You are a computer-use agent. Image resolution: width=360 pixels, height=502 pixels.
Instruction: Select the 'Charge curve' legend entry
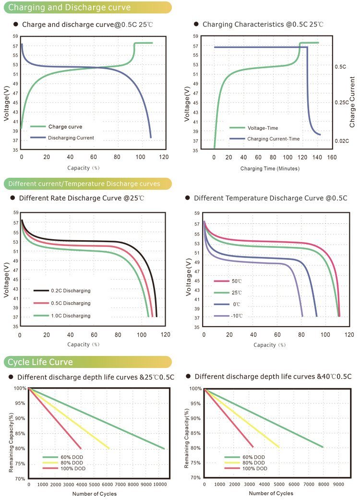click(65, 127)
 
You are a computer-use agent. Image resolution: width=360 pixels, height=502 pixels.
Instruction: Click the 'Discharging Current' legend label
click(71, 138)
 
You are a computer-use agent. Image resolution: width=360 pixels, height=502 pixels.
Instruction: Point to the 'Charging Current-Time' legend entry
click(273, 139)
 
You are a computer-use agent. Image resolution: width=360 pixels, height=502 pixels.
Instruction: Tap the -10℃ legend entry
click(237, 316)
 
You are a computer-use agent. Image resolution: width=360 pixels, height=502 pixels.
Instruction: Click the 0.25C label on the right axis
click(342, 103)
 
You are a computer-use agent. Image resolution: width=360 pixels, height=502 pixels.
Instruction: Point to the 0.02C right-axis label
click(342, 141)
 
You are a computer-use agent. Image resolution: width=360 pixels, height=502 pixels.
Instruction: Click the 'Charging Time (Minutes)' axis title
click(270, 169)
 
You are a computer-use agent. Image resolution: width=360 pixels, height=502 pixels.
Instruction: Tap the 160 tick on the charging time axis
click(332, 157)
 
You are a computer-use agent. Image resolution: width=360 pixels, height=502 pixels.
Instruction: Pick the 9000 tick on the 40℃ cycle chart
click(338, 485)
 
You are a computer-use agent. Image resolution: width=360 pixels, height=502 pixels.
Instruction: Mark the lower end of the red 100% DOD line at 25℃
click(81, 448)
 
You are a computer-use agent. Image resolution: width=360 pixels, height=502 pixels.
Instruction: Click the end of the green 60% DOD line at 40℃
click(323, 447)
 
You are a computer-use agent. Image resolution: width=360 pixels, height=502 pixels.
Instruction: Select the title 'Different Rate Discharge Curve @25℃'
click(82, 198)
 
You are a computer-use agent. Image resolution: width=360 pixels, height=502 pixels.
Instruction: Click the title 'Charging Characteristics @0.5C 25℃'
click(263, 24)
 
